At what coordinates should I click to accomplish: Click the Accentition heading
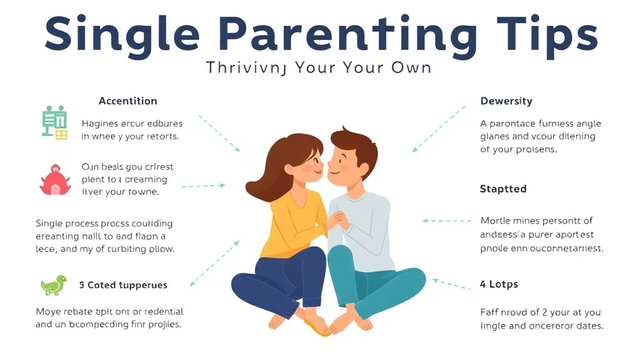(127, 101)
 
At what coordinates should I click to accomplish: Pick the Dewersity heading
(506, 101)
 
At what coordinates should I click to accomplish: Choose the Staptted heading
(502, 189)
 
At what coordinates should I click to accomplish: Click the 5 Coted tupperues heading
(123, 285)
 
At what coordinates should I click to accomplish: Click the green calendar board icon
(54, 122)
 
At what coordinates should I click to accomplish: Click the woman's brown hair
(275, 166)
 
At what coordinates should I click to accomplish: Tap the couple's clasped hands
(337, 220)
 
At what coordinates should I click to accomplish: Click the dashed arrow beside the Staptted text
(446, 221)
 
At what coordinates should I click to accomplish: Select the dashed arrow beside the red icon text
(203, 186)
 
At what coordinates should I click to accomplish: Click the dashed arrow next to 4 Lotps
(452, 284)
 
